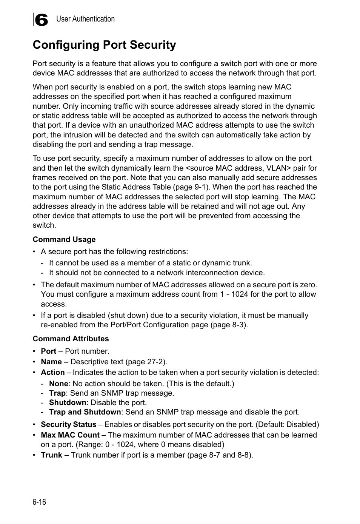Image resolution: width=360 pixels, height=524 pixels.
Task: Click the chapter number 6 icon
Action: (x=41, y=20)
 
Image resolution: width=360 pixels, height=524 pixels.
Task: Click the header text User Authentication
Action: (x=85, y=19)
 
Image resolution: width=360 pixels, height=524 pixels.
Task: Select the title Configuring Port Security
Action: (x=104, y=45)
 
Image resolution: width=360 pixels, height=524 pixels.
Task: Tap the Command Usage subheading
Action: (x=64, y=239)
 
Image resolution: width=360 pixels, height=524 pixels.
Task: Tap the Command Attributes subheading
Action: (x=71, y=339)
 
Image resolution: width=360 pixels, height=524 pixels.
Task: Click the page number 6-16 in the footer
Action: (x=39, y=502)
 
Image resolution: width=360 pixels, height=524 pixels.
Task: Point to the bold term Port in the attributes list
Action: (x=48, y=351)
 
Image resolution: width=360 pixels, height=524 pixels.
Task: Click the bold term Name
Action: (x=51, y=362)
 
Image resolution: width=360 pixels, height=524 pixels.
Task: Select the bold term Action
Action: (x=52, y=372)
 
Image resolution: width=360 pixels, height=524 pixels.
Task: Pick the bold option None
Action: (x=58, y=384)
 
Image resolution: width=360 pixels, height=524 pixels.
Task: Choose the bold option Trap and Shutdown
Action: (x=85, y=412)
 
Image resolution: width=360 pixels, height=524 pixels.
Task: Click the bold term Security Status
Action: (x=68, y=424)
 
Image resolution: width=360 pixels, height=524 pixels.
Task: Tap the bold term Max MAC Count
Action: (x=70, y=435)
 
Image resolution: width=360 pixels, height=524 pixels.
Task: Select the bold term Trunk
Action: (x=51, y=455)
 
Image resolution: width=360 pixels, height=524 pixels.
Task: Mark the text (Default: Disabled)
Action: (x=288, y=424)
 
